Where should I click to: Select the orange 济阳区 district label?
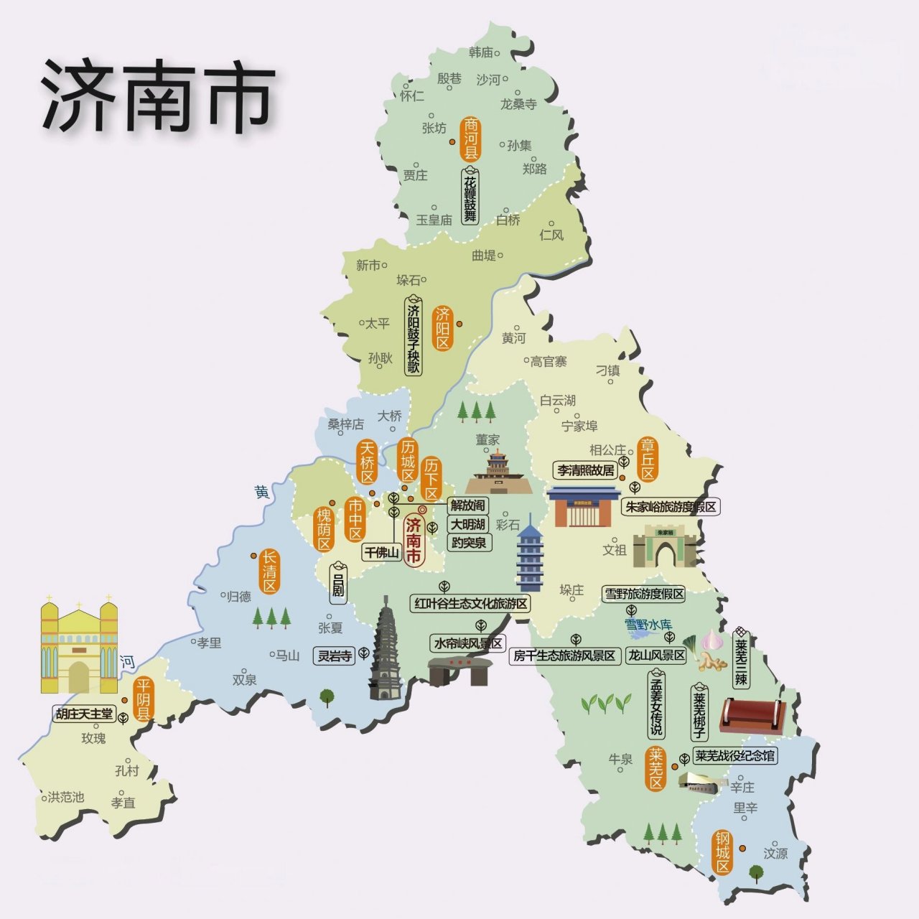[x=442, y=328]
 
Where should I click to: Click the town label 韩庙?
[x=481, y=52]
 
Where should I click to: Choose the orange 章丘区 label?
[x=648, y=459]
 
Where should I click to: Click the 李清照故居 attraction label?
[x=586, y=470]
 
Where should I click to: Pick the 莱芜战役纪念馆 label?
[x=734, y=755]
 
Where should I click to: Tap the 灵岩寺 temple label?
[x=335, y=655]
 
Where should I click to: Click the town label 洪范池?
[x=66, y=797]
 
